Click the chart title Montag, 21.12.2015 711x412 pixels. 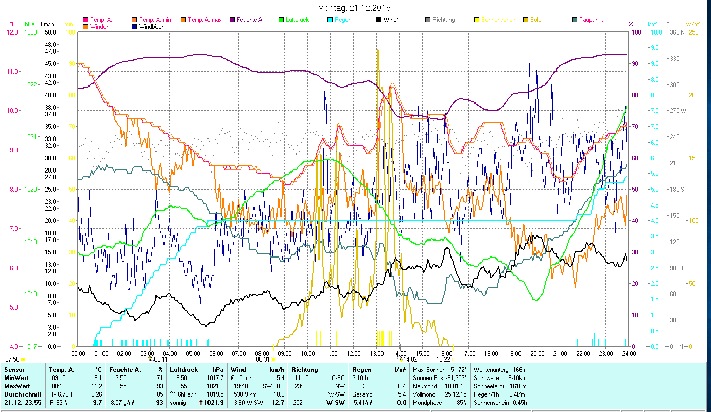point(354,8)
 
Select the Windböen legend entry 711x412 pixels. point(151,27)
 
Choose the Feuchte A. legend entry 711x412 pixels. point(252,20)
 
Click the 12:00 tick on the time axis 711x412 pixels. point(353,354)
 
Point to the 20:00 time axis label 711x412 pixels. point(537,354)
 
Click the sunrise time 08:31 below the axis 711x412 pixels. point(263,359)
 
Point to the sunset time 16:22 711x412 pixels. point(443,359)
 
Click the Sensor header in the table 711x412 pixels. point(14,370)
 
